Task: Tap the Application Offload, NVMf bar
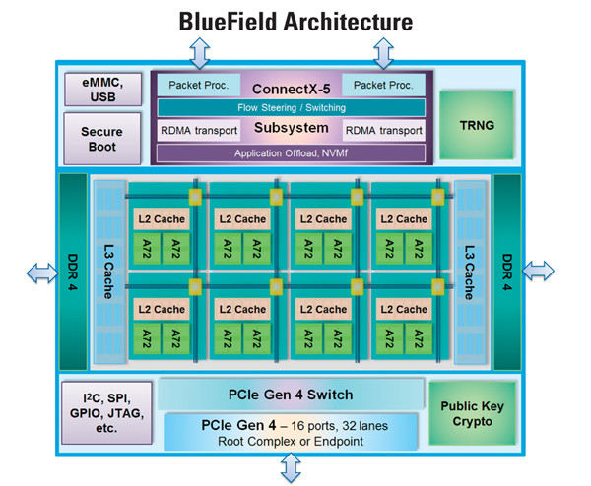pyautogui.click(x=291, y=152)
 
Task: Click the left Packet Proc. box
pyautogui.click(x=191, y=86)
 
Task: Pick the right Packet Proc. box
pyautogui.click(x=386, y=86)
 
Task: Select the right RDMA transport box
pyautogui.click(x=383, y=130)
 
